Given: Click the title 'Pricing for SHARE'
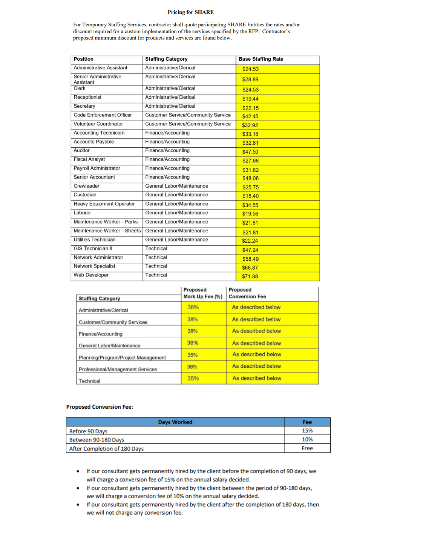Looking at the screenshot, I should click(190, 12).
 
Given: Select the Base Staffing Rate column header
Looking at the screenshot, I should click(261, 59).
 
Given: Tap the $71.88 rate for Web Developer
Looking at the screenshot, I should click(250, 277).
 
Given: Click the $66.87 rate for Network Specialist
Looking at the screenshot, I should click(250, 268).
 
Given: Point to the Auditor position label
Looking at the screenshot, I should click(82, 151).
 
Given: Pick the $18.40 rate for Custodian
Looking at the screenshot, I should click(250, 196).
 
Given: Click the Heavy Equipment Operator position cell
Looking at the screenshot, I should click(104, 204).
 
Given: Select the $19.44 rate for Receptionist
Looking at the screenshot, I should click(250, 99).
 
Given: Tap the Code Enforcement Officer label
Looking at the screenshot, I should click(103, 115).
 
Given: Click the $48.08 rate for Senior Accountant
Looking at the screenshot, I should click(250, 178).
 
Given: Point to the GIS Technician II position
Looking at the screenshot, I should click(93, 249).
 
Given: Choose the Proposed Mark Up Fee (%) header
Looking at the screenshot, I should click(203, 293).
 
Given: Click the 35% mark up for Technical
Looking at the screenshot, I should click(193, 378).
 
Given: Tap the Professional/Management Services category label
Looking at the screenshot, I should click(118, 369).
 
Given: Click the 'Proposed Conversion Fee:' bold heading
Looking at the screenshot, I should click(100, 407).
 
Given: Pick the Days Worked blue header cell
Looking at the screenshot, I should click(175, 422).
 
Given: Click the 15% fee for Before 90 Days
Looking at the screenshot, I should click(307, 431).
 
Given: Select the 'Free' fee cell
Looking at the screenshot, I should click(307, 448).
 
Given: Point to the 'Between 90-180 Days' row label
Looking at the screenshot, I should click(97, 440).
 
